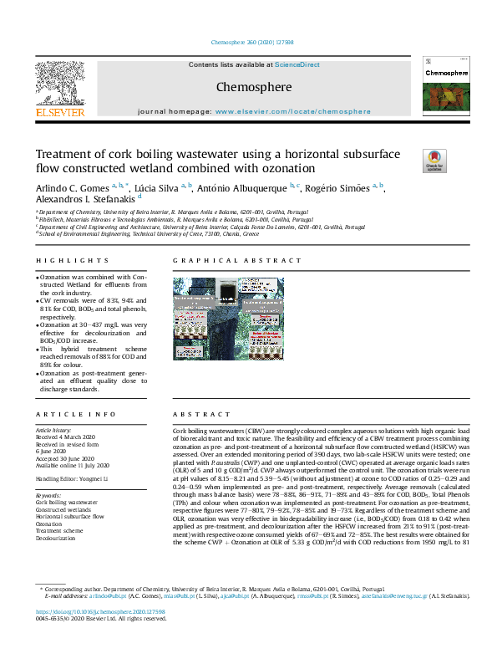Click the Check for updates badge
434,161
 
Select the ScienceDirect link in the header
297,64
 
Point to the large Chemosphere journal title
253,87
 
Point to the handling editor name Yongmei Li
94,478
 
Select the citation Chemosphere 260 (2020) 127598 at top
248,41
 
